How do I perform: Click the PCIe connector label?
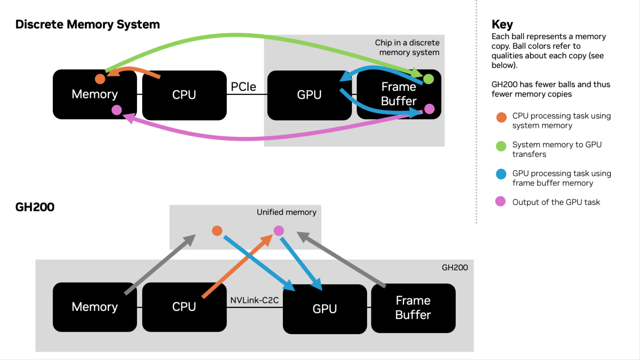(x=243, y=87)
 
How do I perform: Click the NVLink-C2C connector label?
(x=254, y=300)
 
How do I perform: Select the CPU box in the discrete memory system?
(x=184, y=95)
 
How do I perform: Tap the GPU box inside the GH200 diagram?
(x=325, y=309)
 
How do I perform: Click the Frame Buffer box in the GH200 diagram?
(x=413, y=308)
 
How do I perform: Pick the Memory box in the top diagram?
(x=95, y=94)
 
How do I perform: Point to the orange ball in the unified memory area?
(x=217, y=231)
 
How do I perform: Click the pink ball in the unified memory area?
(x=279, y=230)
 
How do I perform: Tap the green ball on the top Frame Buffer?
(x=428, y=79)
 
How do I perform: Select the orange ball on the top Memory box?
(x=100, y=79)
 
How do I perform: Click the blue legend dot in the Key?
(x=501, y=174)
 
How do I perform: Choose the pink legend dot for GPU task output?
(x=500, y=202)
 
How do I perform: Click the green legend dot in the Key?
(x=501, y=146)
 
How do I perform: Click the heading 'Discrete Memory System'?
(x=87, y=25)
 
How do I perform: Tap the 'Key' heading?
(x=502, y=25)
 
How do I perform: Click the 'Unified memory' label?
(x=286, y=212)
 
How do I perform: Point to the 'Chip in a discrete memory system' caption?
(x=407, y=47)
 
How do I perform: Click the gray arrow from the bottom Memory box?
(x=160, y=265)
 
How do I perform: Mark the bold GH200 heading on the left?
(x=35, y=207)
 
